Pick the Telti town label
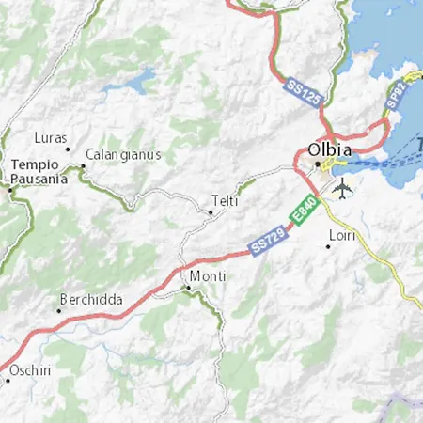[x=226, y=200]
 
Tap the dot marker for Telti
[x=211, y=211]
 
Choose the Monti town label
[x=208, y=275]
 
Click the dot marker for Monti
[x=186, y=290]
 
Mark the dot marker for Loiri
[x=328, y=246]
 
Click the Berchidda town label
[x=90, y=300]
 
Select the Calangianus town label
[x=123, y=154]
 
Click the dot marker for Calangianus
[x=83, y=167]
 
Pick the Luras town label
[x=50, y=137]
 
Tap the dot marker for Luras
[x=68, y=149]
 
